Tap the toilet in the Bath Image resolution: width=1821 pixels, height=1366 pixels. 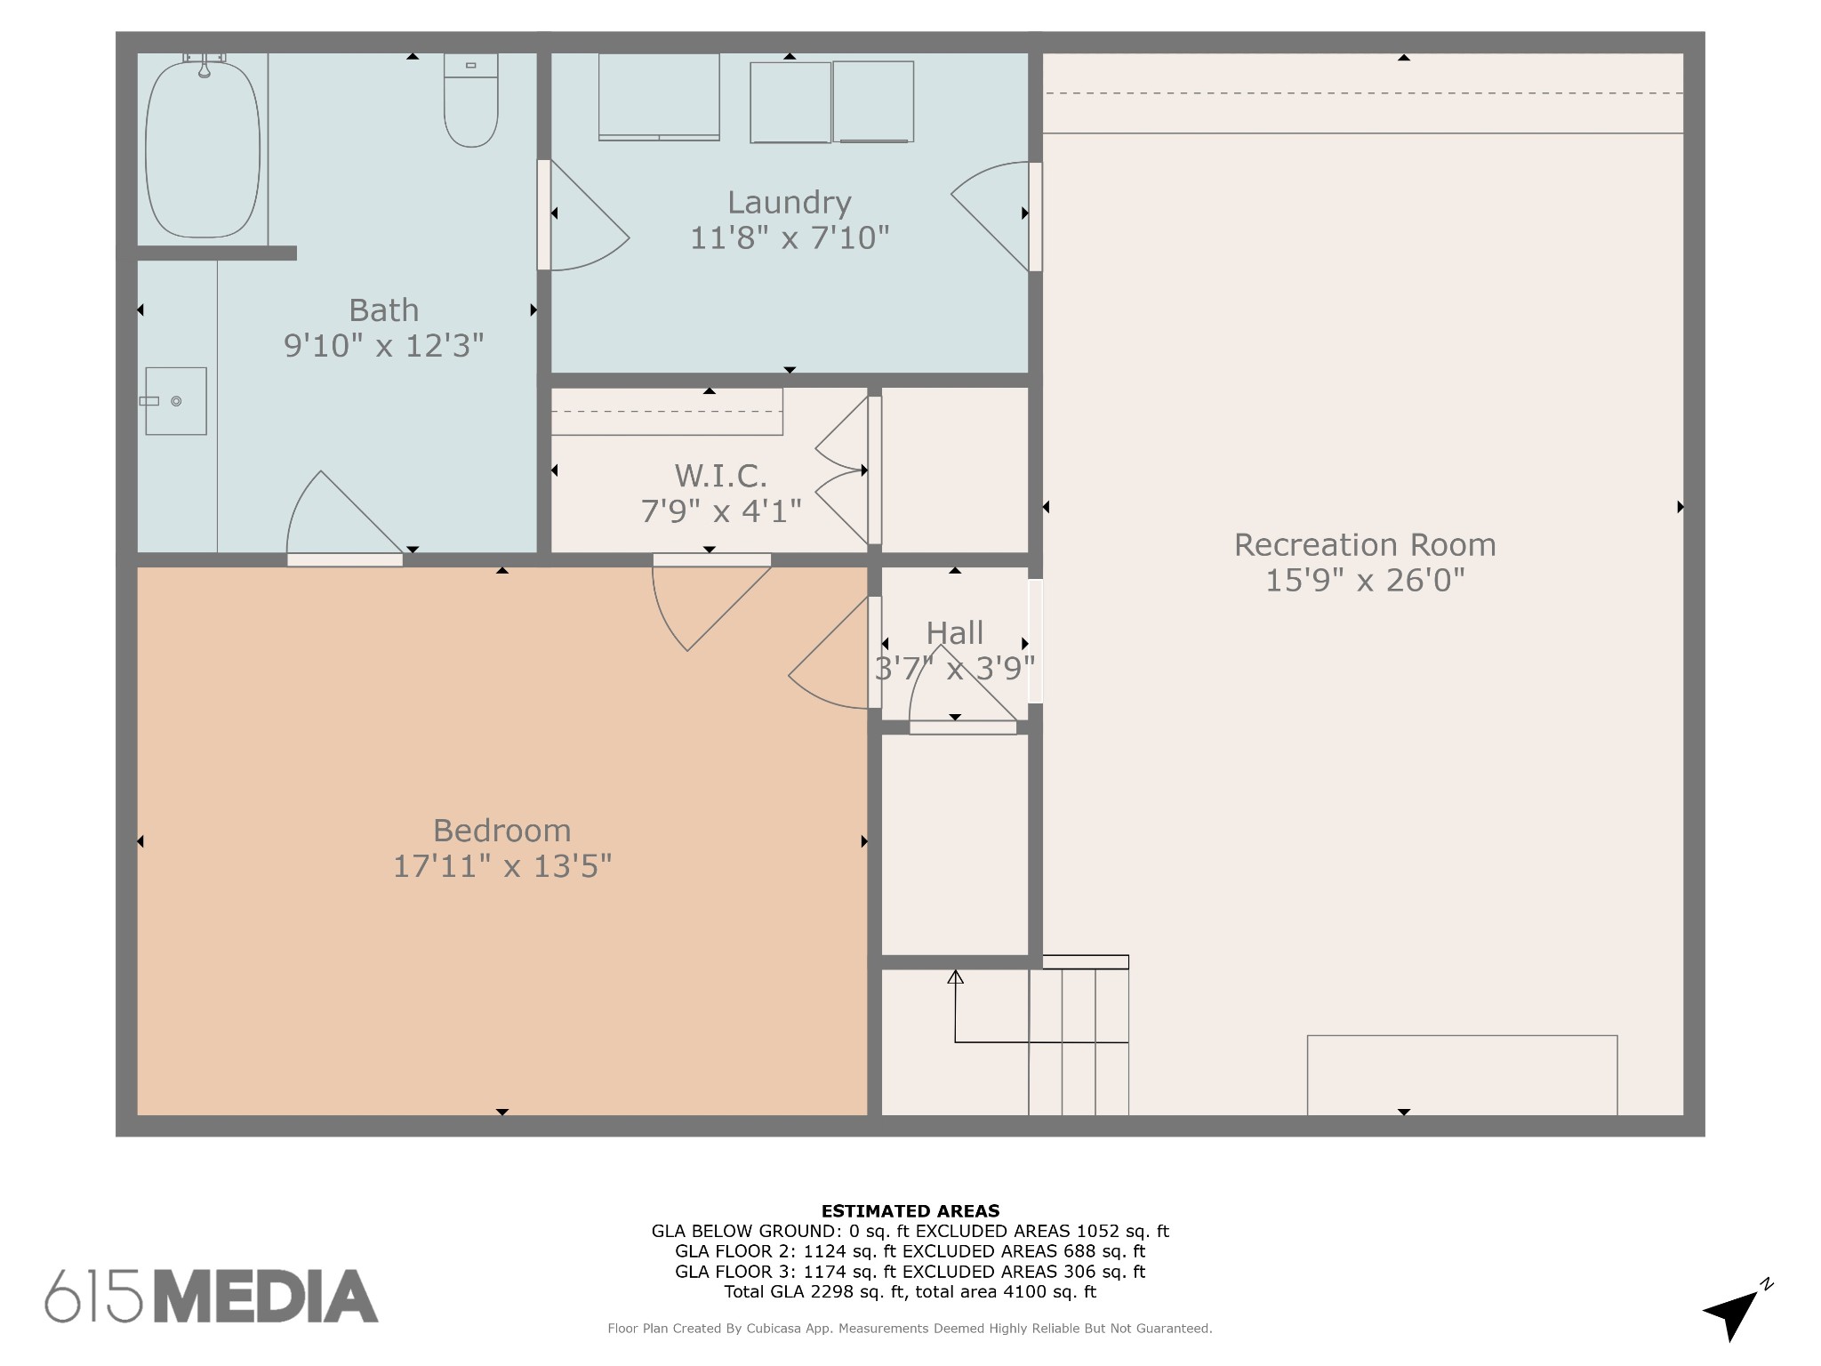470,102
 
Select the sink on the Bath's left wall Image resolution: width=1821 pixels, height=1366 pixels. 176,401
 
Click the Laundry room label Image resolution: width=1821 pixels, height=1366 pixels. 789,203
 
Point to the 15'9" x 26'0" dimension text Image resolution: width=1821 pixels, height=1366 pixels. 1364,581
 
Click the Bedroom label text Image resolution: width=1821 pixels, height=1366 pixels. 501,831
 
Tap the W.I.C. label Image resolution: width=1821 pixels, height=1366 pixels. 720,477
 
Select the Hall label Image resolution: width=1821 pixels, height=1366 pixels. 954,633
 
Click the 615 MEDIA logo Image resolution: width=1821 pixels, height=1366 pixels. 212,1296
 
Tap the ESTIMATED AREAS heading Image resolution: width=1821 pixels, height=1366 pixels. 910,1210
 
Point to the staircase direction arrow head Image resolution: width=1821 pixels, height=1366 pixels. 955,977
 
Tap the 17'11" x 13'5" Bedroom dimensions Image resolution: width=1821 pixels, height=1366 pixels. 501,866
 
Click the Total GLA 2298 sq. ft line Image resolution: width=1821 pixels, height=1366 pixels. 910,1292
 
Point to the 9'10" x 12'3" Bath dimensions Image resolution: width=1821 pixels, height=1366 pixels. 383,346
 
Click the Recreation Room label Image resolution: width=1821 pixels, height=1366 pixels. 1364,545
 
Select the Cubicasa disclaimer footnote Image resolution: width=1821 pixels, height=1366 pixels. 910,1329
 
